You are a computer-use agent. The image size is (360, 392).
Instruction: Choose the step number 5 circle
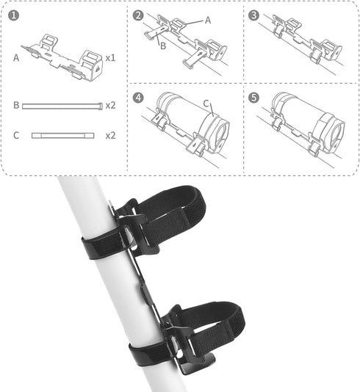click(254, 97)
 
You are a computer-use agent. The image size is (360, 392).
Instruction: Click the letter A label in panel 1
click(16, 57)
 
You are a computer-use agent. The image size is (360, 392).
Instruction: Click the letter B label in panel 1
click(16, 106)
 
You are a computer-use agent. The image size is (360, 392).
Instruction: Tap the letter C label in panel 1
click(16, 136)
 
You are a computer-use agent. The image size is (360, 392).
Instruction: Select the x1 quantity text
click(110, 57)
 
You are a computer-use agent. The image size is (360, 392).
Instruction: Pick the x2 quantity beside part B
click(110, 106)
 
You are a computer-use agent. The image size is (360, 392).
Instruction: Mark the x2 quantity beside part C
click(110, 136)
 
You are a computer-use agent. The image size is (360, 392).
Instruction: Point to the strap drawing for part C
click(62, 136)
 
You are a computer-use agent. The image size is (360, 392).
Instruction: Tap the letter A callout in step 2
click(207, 21)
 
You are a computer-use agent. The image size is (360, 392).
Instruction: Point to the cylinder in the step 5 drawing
click(301, 117)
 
